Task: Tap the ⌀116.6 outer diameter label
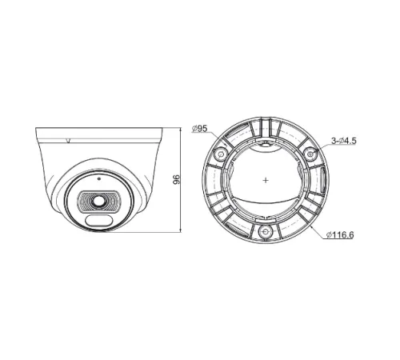pos(340,234)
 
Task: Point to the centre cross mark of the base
pos(265,181)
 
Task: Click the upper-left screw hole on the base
pos(221,152)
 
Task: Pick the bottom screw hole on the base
pos(265,230)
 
